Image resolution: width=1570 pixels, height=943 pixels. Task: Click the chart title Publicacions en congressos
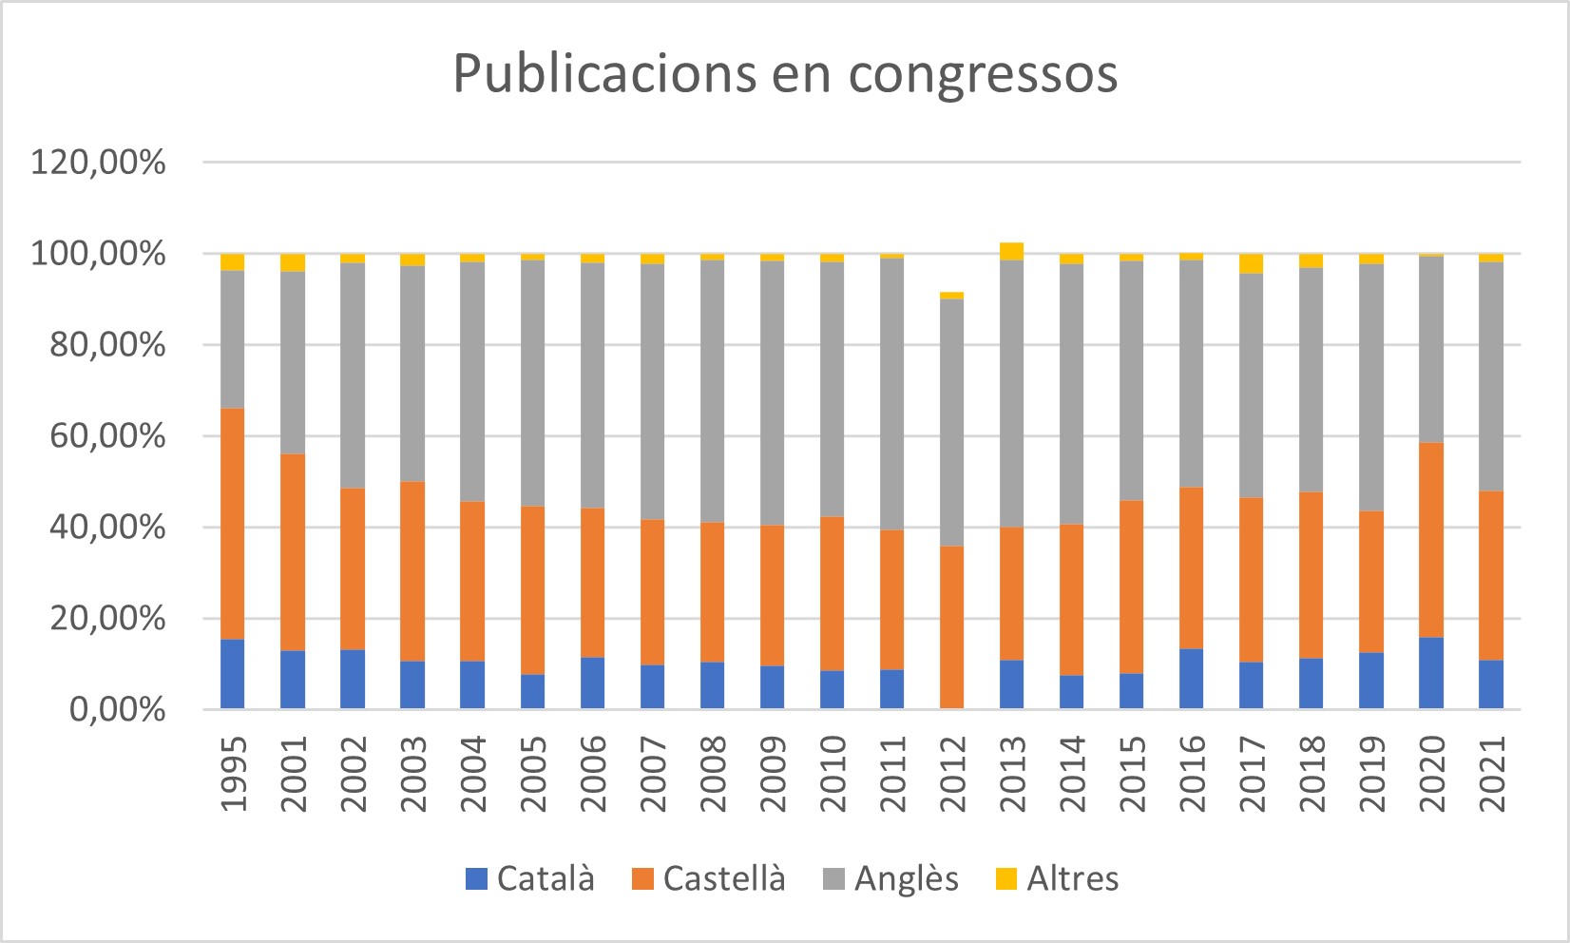[x=785, y=74]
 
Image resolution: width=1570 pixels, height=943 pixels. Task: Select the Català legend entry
[x=530, y=878]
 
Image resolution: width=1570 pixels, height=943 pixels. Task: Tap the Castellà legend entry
[x=709, y=878]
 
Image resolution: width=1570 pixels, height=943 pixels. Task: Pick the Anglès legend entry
[x=890, y=878]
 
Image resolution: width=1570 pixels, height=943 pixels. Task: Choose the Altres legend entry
[x=1057, y=878]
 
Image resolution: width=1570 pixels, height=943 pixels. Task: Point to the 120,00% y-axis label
[x=98, y=163]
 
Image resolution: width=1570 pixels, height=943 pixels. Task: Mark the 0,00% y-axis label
[x=118, y=709]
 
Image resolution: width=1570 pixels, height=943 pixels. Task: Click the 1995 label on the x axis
[x=233, y=774]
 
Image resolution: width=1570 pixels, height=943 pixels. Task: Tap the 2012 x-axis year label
[x=952, y=774]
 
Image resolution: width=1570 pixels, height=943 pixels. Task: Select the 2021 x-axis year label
[x=1492, y=774]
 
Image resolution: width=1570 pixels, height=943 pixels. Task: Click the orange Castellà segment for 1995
[x=233, y=523]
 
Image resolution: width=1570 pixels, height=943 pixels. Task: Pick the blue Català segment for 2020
[x=1431, y=673]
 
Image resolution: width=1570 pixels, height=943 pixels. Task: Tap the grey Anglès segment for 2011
[x=892, y=394]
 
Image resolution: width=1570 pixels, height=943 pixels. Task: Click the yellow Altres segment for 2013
[x=1012, y=251]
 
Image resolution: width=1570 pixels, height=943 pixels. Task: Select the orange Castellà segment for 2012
[x=952, y=627]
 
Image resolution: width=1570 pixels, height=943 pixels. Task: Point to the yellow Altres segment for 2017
[x=1252, y=263]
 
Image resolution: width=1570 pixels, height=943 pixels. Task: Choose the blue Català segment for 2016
[x=1192, y=679]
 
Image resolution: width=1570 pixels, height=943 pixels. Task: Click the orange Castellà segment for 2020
[x=1431, y=540]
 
